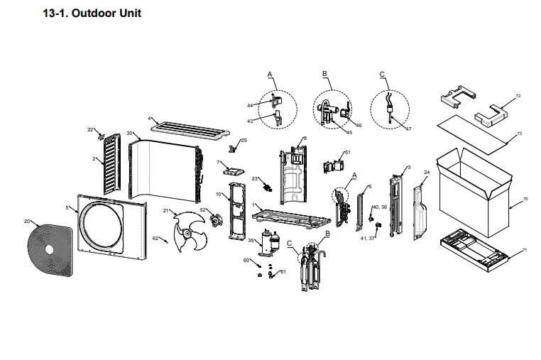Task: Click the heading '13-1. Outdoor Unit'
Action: [x=92, y=13]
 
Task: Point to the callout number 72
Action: [x=518, y=96]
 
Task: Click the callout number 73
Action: [x=520, y=133]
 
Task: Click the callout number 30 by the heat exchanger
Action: [x=129, y=133]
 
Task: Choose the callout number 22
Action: [x=90, y=129]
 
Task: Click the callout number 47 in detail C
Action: [x=408, y=129]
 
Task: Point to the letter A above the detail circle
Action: [x=270, y=74]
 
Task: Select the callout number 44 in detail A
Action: [x=250, y=106]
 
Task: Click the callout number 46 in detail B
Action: [x=359, y=126]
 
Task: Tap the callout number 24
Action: [x=427, y=173]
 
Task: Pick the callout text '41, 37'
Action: [x=368, y=239]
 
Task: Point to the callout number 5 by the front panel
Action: [x=67, y=207]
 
